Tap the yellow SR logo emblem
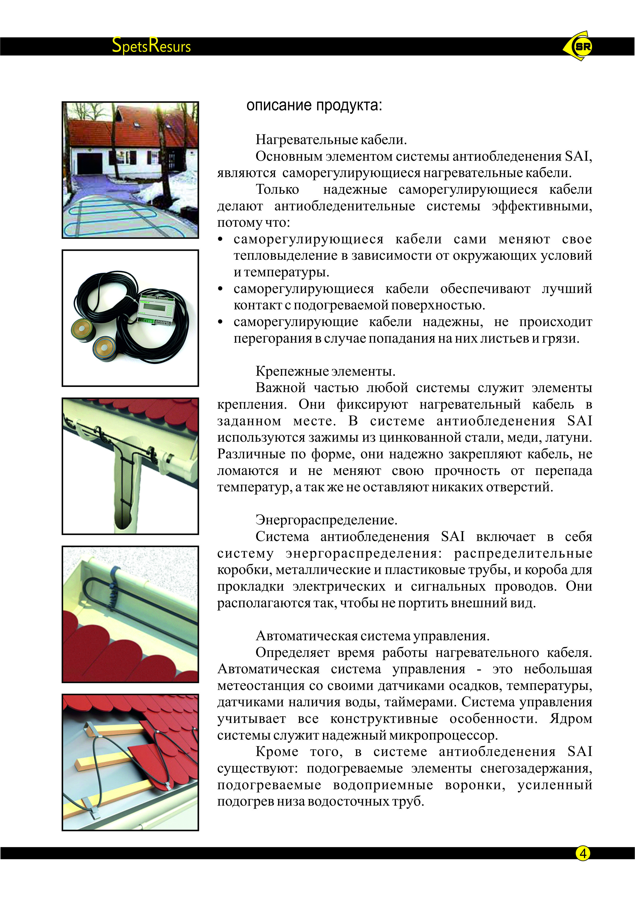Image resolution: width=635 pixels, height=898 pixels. [579, 46]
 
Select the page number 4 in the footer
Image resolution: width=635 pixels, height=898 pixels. [583, 853]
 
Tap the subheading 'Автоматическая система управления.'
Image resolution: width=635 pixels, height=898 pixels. [372, 636]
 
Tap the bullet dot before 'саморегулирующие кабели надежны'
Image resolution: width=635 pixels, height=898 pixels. [220, 322]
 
